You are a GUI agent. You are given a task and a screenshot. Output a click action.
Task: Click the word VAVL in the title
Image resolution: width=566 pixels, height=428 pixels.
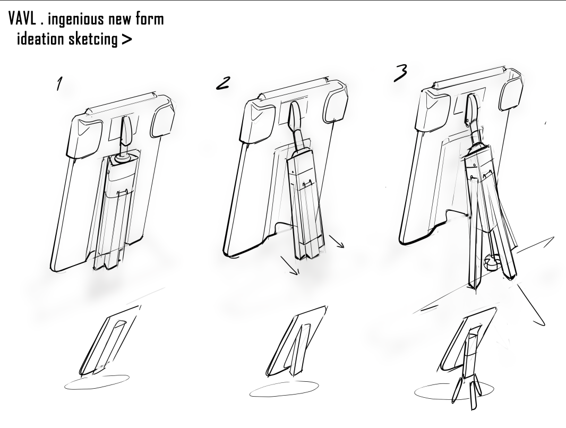tap(22, 19)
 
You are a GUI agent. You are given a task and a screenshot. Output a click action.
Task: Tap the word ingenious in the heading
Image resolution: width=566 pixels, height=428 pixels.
tap(76, 20)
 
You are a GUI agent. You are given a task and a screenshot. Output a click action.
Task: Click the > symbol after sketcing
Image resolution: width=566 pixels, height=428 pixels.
tap(126, 39)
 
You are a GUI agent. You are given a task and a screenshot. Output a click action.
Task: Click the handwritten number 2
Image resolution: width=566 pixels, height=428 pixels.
tap(222, 83)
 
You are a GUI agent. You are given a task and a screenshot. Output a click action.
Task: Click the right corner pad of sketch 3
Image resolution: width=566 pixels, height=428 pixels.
tap(511, 94)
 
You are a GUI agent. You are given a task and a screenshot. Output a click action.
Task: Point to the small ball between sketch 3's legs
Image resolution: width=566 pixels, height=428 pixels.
tap(492, 262)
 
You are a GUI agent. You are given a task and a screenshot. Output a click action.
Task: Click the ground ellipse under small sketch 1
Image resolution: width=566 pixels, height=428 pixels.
tap(97, 382)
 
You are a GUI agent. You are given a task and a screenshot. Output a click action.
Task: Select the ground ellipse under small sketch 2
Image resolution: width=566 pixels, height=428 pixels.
tap(284, 389)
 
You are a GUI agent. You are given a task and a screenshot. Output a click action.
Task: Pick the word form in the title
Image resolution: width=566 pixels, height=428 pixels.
tap(150, 19)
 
